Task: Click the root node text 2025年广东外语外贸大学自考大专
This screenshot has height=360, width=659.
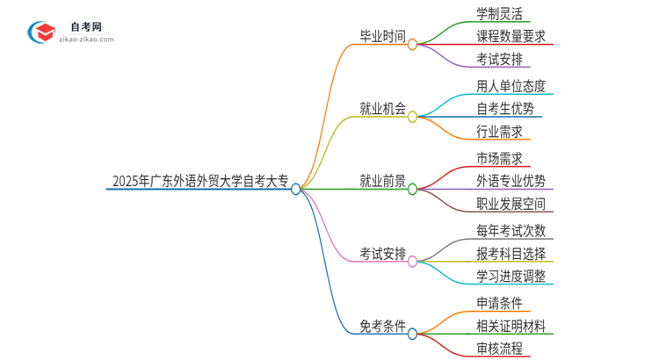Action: click(x=200, y=182)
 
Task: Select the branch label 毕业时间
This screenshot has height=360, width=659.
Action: click(x=382, y=37)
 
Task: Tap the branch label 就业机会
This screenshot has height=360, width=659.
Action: click(x=382, y=109)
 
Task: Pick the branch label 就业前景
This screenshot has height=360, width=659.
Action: click(x=382, y=182)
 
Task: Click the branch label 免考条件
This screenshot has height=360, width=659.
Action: click(x=382, y=327)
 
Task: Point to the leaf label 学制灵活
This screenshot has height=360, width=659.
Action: click(x=499, y=13)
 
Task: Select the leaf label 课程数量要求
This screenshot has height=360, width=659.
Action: click(x=511, y=37)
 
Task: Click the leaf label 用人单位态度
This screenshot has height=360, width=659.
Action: click(x=511, y=85)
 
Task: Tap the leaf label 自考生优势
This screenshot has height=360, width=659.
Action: click(x=505, y=109)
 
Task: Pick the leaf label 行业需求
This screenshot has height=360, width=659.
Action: click(x=499, y=133)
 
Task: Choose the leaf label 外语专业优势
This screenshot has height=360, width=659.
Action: click(x=511, y=182)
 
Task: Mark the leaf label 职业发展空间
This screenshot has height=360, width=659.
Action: click(x=511, y=205)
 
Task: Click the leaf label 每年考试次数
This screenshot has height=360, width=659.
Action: click(x=511, y=231)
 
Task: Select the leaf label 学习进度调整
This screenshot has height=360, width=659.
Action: click(x=511, y=277)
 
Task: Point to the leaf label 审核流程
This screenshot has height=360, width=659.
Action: click(x=499, y=349)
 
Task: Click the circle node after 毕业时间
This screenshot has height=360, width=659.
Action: click(x=412, y=43)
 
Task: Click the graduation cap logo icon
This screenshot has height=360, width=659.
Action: click(x=40, y=31)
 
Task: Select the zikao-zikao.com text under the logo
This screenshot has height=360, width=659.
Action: click(x=86, y=40)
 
